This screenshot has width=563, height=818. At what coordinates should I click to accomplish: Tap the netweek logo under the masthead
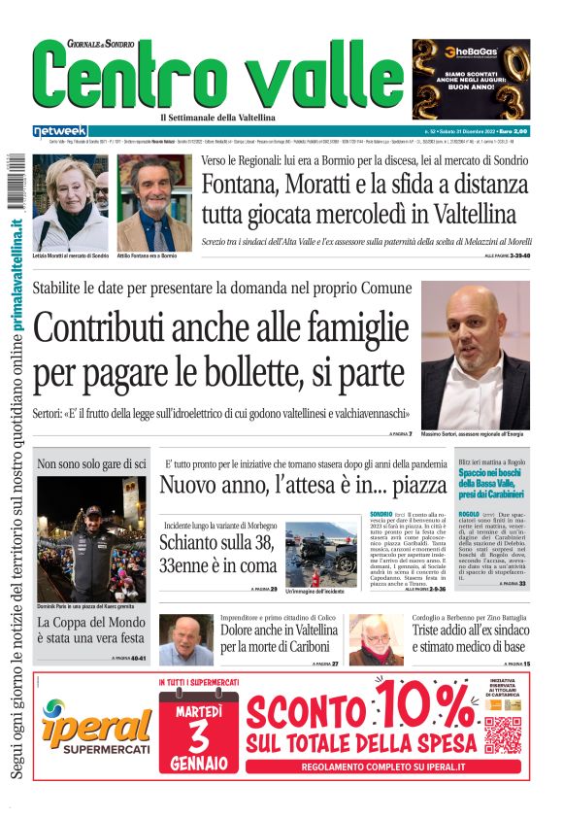60,130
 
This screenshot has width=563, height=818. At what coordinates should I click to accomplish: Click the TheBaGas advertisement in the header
471,78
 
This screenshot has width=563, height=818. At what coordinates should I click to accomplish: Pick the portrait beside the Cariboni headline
185,640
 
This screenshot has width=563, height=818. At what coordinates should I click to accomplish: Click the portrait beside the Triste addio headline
376,640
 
